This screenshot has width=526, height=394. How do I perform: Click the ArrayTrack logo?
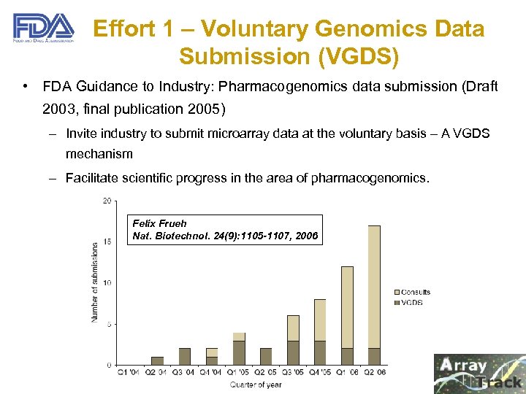[479, 373]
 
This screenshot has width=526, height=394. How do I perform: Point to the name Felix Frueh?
[159, 223]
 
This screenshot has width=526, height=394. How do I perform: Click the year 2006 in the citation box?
[305, 236]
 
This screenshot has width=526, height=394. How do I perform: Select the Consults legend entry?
[414, 293]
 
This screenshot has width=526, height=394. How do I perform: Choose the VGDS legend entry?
[411, 302]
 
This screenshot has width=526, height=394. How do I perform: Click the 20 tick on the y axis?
[107, 201]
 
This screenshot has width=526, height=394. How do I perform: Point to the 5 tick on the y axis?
[109, 324]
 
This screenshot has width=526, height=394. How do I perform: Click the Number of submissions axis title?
[95, 283]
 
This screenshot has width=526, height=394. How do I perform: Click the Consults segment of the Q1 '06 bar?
[347, 307]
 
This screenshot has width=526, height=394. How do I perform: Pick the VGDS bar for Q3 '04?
[185, 357]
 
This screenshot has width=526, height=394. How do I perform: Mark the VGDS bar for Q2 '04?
[158, 360]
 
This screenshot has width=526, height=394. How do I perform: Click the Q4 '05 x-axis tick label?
[319, 372]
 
